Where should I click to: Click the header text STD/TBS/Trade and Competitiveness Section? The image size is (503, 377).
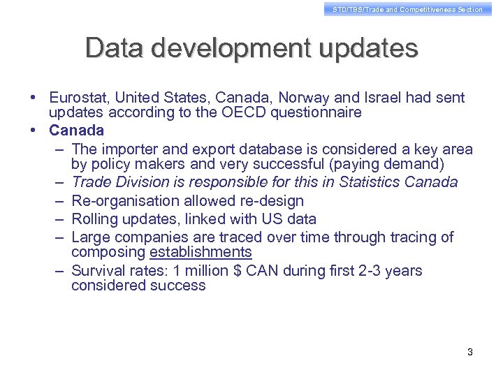pyautogui.click(x=407, y=9)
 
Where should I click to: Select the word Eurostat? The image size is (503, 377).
pyautogui.click(x=79, y=97)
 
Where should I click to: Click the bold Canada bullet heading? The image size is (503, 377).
pyautogui.click(x=76, y=131)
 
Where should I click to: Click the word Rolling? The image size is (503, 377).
pyautogui.click(x=95, y=219)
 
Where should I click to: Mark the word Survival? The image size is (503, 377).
pyautogui.click(x=98, y=270)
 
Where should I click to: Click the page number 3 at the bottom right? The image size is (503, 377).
pyautogui.click(x=470, y=352)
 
